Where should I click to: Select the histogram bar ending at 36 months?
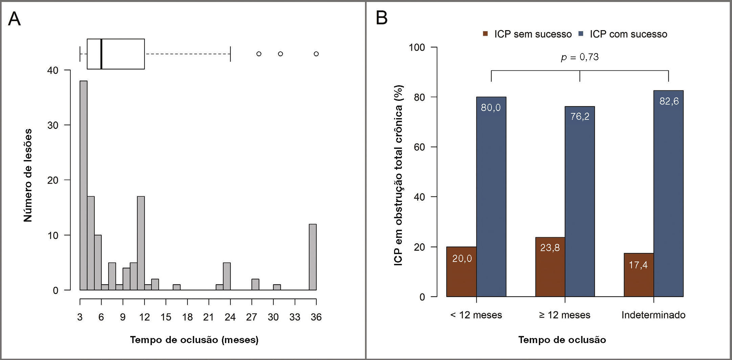click(313, 257)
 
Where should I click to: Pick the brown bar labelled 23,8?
click(550, 267)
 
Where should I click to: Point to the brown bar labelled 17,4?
click(639, 275)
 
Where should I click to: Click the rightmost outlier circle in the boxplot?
click(316, 54)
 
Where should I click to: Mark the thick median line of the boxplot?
click(101, 54)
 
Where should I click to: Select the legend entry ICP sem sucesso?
click(528, 34)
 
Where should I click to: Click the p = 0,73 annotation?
click(580, 57)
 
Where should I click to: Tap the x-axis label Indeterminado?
click(654, 315)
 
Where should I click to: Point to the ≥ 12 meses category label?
click(565, 315)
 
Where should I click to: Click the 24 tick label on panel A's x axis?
click(230, 317)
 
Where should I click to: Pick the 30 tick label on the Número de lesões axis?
click(53, 125)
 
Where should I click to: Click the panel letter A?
click(14, 19)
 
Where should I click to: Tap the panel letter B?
click(382, 18)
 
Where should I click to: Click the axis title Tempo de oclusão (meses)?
click(194, 340)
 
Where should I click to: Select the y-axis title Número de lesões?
click(28, 175)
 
